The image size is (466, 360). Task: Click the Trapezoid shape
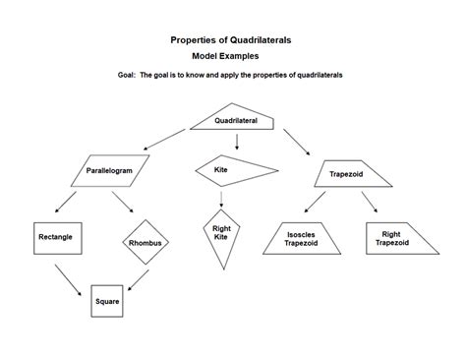click(347, 174)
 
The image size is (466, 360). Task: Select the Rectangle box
click(54, 237)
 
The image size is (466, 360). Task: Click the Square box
click(106, 301)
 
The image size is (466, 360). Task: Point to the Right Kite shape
click(221, 235)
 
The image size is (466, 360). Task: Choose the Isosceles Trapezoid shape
click(301, 239)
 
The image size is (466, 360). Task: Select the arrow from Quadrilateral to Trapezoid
click(294, 142)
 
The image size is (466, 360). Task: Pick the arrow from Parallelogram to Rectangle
click(66, 203)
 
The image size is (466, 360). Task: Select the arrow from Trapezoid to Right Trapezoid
click(369, 203)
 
